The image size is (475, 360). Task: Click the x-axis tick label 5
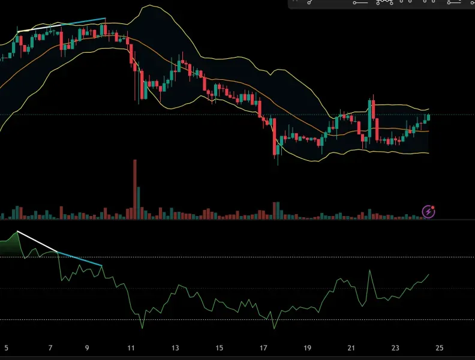click(x=7, y=347)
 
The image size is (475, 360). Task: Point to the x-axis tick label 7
click(x=50, y=347)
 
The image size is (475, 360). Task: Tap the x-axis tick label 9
click(x=87, y=347)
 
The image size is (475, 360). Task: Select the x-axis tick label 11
click(x=131, y=347)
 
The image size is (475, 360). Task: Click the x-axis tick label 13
click(x=175, y=347)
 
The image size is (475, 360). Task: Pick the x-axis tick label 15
click(x=219, y=347)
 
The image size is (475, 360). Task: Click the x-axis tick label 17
click(x=263, y=347)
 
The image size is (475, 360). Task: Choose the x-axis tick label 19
click(x=307, y=347)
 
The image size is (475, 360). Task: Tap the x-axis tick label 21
click(x=351, y=347)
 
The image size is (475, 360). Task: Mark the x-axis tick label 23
click(x=395, y=347)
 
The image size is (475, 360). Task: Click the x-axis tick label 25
click(x=439, y=347)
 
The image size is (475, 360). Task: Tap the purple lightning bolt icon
click(x=428, y=211)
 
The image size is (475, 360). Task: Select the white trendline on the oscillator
click(x=37, y=241)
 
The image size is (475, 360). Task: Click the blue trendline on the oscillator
click(x=80, y=259)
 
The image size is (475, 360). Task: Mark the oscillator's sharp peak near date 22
click(x=369, y=271)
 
